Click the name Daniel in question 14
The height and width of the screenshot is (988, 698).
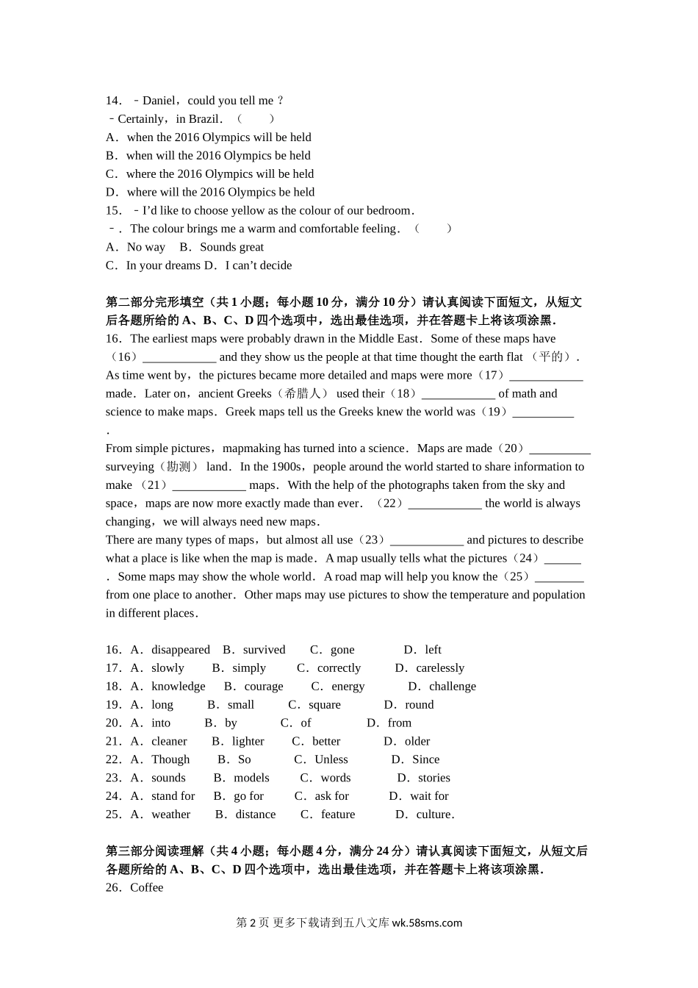pos(159,101)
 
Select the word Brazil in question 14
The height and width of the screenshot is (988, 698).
pos(204,119)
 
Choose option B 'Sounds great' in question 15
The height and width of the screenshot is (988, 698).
pos(231,247)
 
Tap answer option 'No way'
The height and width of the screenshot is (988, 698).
pos(145,247)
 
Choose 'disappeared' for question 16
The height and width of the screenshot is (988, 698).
pos(180,650)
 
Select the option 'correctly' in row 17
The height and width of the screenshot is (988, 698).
pos(339,668)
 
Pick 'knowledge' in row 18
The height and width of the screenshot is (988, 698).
pos(178,687)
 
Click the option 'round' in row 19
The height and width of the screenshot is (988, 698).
pos(420,705)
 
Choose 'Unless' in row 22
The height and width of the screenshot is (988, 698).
pos(331,759)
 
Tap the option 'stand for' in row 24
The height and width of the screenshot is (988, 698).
pos(173,796)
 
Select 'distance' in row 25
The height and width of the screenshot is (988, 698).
pos(256,815)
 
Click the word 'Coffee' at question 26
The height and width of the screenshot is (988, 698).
pos(147,888)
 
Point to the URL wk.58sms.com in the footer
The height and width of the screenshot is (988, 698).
pos(428,923)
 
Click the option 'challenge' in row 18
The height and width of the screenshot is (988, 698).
pos(453,687)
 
